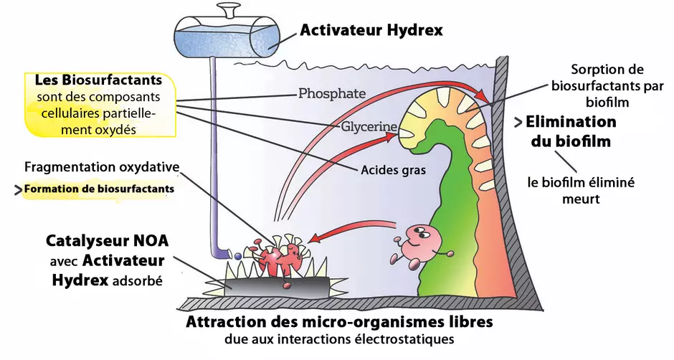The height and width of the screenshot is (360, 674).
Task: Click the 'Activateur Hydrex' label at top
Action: tap(371, 30)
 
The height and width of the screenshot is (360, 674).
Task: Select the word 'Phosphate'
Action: tap(332, 93)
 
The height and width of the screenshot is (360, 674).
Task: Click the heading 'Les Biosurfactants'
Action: tap(98, 80)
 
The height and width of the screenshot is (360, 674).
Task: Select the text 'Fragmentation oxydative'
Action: tap(101, 167)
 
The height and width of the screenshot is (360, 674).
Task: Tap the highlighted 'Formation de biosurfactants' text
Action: tap(98, 189)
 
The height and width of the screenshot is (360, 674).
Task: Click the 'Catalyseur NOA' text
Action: tap(107, 240)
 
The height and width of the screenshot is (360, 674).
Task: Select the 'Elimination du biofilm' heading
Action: tap(571, 131)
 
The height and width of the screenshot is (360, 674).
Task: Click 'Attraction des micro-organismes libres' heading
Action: tap(339, 322)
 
